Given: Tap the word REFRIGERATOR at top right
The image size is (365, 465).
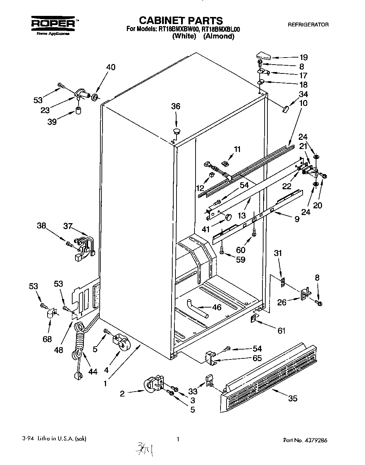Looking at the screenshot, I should [308, 25].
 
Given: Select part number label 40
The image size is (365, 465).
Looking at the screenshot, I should [111, 67].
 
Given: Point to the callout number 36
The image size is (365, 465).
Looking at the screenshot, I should [175, 106].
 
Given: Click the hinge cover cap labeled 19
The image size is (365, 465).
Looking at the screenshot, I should [263, 55].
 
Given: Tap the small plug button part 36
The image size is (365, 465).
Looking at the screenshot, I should [177, 131].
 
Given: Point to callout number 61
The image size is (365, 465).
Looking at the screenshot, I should [281, 330].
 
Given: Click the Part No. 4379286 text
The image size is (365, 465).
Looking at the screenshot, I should [307, 440].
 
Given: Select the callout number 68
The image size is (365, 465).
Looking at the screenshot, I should [47, 339].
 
